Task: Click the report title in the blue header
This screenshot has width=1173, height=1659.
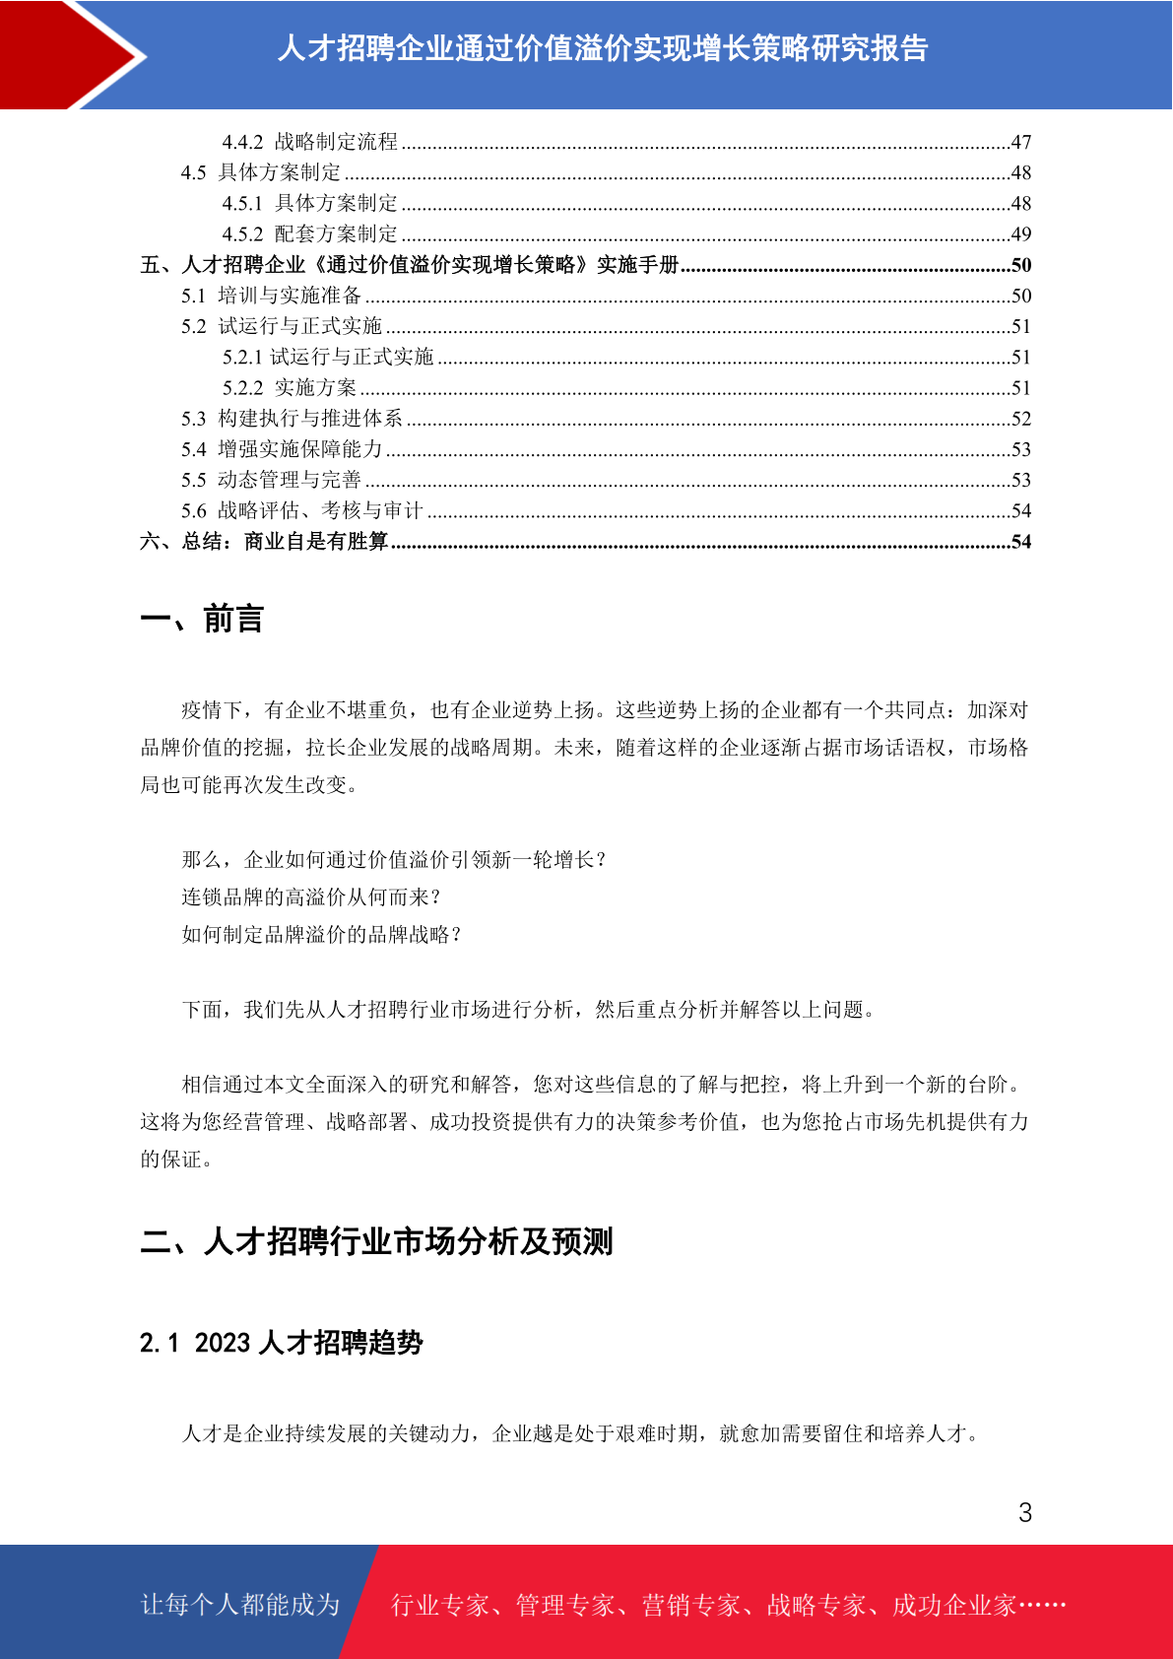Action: click(x=603, y=48)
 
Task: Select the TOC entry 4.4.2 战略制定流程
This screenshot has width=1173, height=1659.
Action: click(x=310, y=142)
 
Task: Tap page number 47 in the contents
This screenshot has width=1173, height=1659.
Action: click(x=1021, y=142)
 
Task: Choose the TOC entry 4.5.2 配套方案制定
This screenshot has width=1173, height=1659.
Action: click(x=310, y=234)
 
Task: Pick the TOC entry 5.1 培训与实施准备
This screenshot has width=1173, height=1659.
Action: click(x=272, y=296)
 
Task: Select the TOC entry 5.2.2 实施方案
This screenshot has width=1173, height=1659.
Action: click(x=290, y=388)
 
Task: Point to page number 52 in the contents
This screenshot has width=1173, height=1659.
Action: click(x=1021, y=419)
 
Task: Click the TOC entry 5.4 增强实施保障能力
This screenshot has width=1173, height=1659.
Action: click(x=282, y=449)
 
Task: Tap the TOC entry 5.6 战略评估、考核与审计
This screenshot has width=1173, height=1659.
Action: click(x=302, y=510)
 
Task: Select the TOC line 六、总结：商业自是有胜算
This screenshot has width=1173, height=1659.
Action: click(x=265, y=542)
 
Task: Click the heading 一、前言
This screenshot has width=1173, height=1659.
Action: click(x=202, y=619)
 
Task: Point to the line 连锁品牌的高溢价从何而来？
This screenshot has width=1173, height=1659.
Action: click(x=312, y=897)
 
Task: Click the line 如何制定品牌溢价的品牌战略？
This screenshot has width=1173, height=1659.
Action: click(x=322, y=935)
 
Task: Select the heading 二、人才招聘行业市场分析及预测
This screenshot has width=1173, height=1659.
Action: click(x=376, y=1241)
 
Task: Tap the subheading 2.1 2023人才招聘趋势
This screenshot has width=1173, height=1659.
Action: click(x=282, y=1343)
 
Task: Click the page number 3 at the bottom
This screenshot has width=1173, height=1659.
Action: click(x=1025, y=1513)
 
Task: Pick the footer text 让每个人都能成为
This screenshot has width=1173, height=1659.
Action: click(x=240, y=1605)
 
